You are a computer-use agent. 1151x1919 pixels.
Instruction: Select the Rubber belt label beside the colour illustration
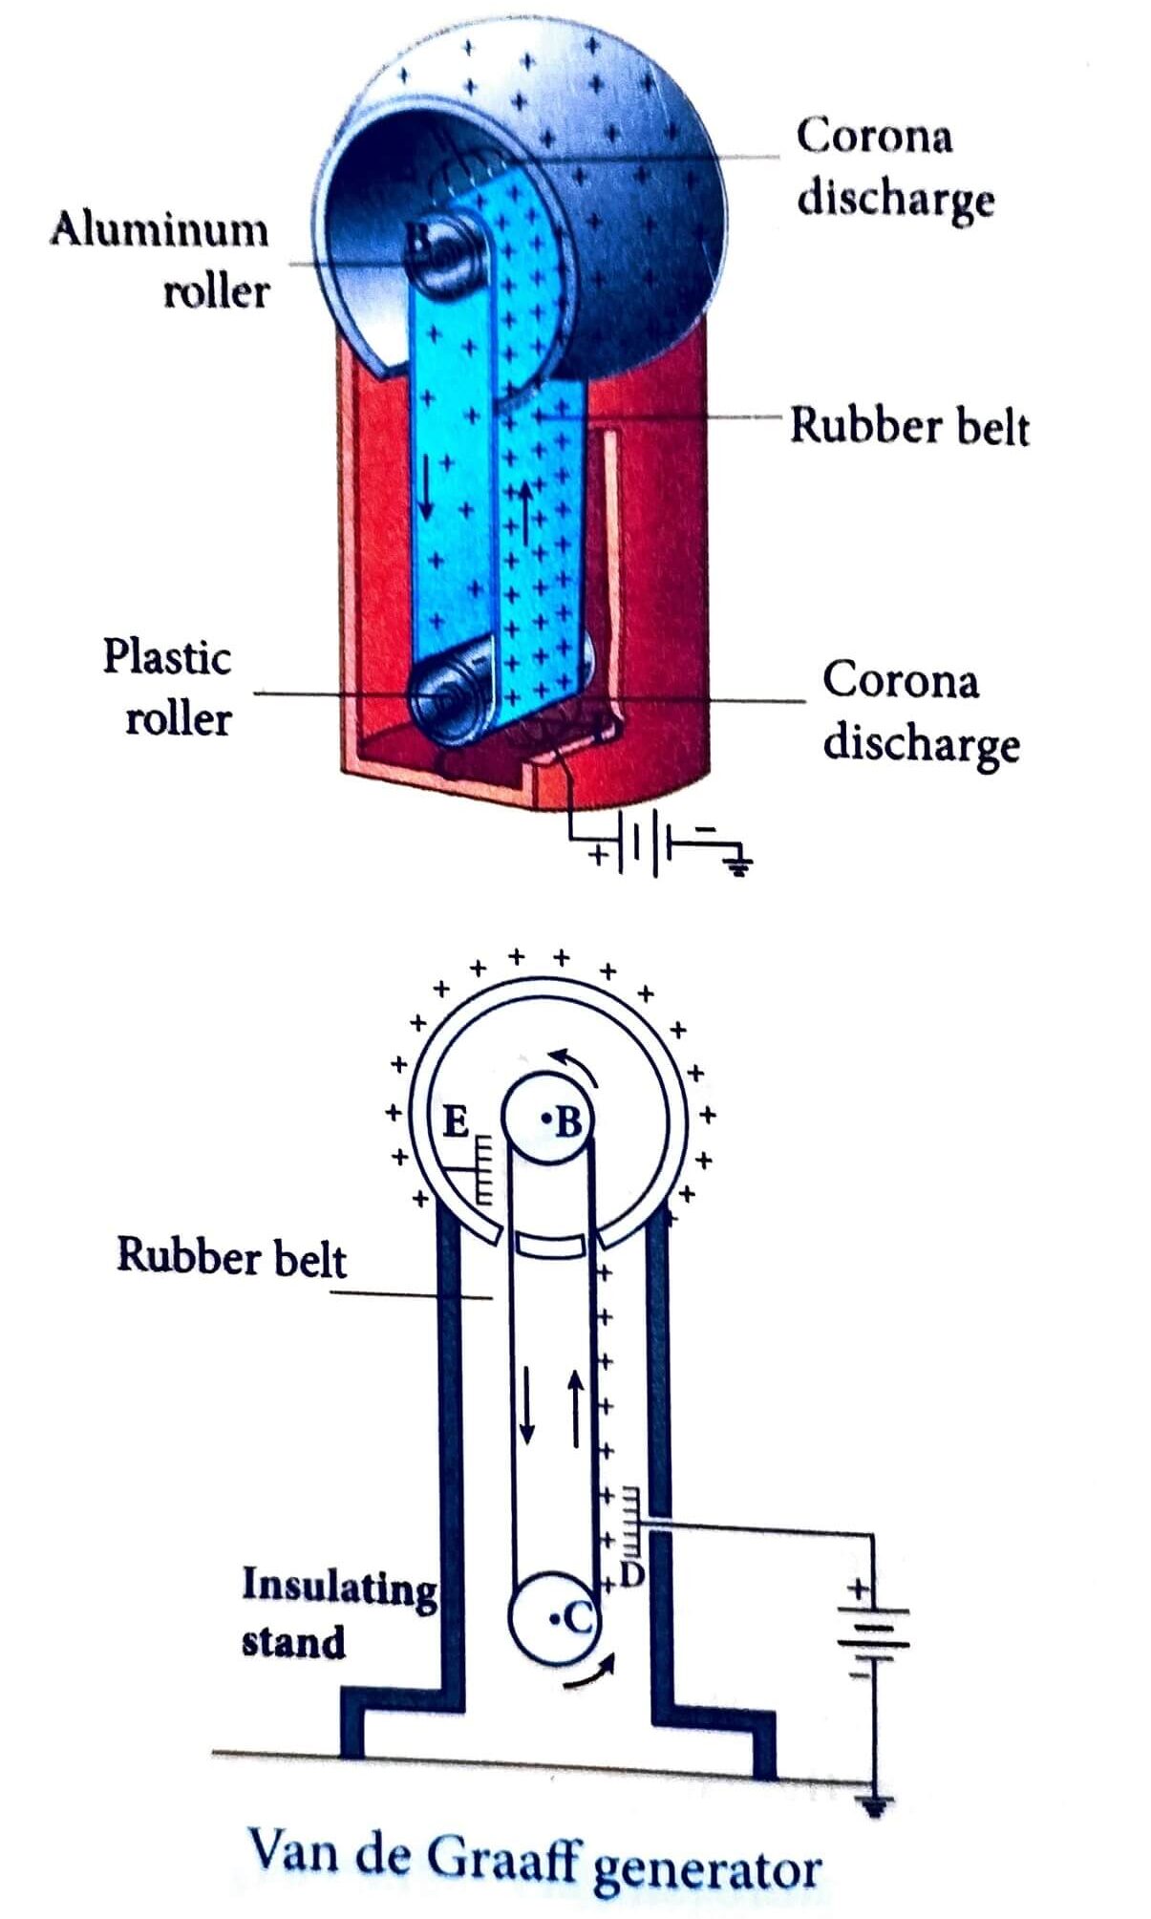click(908, 426)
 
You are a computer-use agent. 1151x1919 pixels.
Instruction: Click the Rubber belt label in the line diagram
click(231, 1256)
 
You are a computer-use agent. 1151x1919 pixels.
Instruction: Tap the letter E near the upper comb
click(457, 1122)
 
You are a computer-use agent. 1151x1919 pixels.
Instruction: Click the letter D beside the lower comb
click(631, 1574)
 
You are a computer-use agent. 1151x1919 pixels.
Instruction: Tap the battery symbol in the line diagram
click(871, 1638)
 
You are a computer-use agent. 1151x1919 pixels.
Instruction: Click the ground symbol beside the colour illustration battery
click(737, 865)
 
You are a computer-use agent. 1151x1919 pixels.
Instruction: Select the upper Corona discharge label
click(893, 167)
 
